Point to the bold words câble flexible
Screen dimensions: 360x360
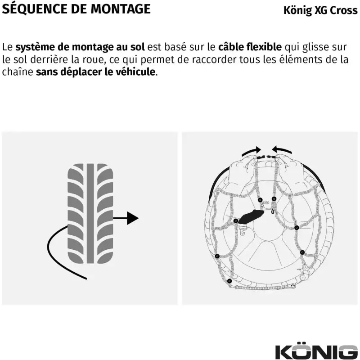point(250,47)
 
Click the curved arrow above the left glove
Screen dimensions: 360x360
point(251,150)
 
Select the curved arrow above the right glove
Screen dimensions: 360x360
point(283,149)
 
